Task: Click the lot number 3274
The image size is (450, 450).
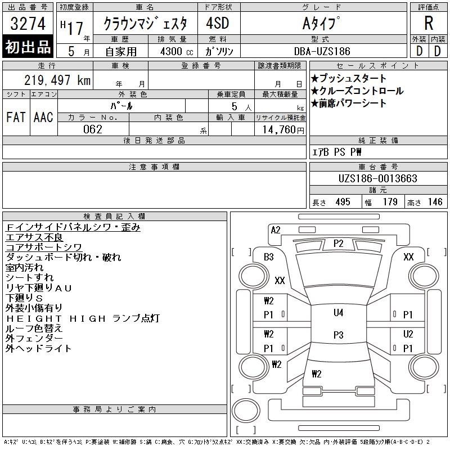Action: [29, 24]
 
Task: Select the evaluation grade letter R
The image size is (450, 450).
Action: [429, 24]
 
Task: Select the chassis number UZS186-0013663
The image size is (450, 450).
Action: [377, 179]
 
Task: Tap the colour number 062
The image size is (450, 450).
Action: [92, 129]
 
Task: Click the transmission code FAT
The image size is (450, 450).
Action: [16, 118]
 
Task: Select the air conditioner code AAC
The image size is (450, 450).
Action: [43, 118]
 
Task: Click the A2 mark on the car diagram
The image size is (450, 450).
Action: [276, 229]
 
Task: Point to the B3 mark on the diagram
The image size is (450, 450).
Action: [268, 257]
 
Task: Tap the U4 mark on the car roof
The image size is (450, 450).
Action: [338, 313]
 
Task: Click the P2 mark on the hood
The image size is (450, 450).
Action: [338, 243]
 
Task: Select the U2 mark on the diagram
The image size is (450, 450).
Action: [408, 334]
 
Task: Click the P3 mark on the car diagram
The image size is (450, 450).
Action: [338, 335]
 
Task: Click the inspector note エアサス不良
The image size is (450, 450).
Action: [34, 237]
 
